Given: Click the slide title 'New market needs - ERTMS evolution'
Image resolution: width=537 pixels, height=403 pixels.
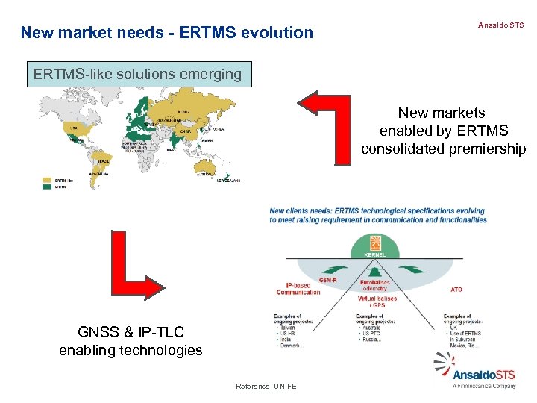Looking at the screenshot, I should click(167, 32).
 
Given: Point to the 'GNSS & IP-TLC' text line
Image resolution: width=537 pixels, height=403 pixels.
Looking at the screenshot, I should click(131, 332).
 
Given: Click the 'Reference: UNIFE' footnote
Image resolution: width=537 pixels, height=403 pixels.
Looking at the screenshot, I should click(266, 386).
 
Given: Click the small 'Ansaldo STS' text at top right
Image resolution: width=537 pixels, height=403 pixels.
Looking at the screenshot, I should click(500, 25).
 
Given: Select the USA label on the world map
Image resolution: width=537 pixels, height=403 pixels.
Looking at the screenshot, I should click(73, 128).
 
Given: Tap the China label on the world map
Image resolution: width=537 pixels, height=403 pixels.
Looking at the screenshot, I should click(184, 131).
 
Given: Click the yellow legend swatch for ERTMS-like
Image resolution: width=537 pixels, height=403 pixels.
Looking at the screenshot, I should click(47, 180).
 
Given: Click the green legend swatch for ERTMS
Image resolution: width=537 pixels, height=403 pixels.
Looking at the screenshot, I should click(47, 187).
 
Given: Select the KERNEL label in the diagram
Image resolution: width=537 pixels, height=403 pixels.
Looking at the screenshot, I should click(375, 254).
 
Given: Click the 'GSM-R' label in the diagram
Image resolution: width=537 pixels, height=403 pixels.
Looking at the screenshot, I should click(327, 279).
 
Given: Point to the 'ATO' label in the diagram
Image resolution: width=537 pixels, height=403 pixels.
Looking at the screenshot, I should click(456, 289).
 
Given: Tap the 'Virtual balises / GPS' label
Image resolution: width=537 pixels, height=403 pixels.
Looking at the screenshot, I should click(376, 302).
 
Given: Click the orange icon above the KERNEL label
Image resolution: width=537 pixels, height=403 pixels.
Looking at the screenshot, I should click(375, 242).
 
